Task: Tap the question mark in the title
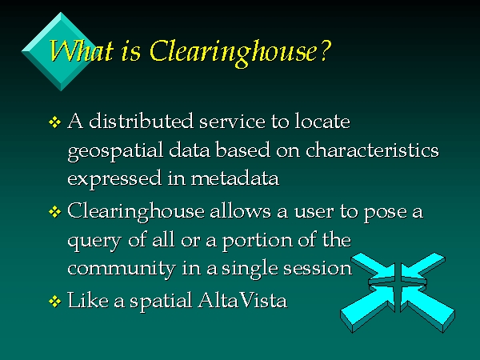(x=325, y=50)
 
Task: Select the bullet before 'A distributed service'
(x=54, y=122)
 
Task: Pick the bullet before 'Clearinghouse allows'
(x=54, y=212)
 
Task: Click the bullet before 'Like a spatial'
(x=54, y=302)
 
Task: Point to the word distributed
(x=141, y=121)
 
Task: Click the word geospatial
(x=116, y=151)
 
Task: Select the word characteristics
(x=372, y=150)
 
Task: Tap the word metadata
(x=235, y=178)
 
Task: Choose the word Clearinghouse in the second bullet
(x=136, y=212)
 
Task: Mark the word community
(x=122, y=270)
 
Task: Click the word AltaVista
(x=242, y=300)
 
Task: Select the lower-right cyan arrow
(x=428, y=309)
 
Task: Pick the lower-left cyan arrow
(x=367, y=310)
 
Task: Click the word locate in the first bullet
(x=322, y=121)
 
